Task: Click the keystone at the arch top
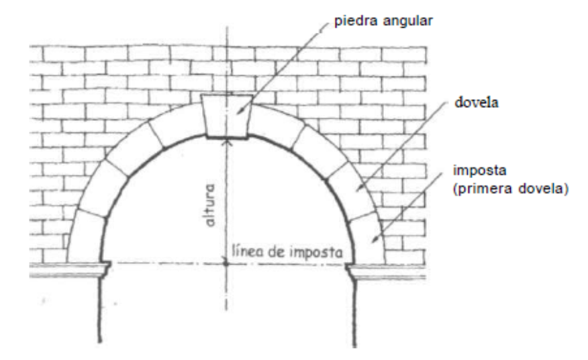226,116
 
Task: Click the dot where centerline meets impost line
227,263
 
